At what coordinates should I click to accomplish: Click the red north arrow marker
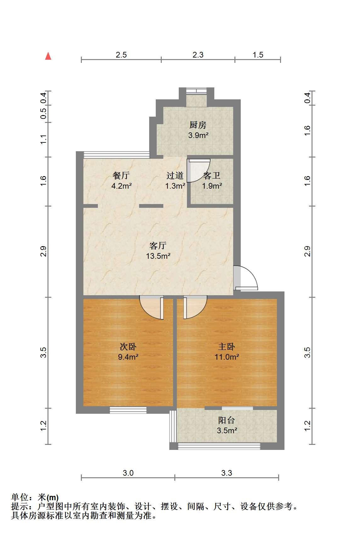(x=48, y=56)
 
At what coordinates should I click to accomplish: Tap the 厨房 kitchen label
(x=198, y=125)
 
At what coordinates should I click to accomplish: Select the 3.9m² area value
(x=198, y=135)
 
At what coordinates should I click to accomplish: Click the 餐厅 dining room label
(x=121, y=175)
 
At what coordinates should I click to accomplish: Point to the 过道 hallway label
(x=175, y=175)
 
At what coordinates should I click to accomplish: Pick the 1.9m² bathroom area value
(x=212, y=186)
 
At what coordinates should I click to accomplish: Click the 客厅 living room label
(x=158, y=246)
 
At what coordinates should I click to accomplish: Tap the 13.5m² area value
(x=158, y=256)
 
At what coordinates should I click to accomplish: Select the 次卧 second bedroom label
(x=128, y=346)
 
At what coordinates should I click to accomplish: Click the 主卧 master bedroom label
(x=226, y=346)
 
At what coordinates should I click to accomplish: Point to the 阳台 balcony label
(x=226, y=420)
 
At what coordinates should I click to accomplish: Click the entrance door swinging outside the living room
(x=246, y=278)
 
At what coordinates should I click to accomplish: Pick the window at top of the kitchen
(x=197, y=91)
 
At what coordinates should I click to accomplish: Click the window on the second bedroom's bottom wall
(x=128, y=410)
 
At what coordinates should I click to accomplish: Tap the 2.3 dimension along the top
(x=198, y=55)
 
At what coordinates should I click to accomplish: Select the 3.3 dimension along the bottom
(x=227, y=473)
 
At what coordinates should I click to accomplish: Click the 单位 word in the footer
(x=20, y=497)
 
